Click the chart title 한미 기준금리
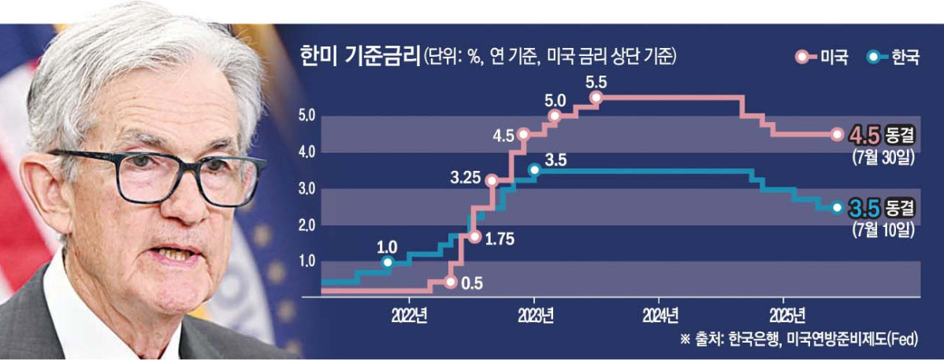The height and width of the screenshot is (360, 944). [359, 57]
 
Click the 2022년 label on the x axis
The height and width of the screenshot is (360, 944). [408, 317]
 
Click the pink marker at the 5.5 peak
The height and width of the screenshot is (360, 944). [596, 98]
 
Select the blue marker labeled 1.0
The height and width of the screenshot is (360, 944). [387, 262]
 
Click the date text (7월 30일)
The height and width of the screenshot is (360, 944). [883, 156]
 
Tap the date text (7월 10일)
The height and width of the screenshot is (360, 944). [883, 230]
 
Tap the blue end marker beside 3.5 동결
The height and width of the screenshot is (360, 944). [837, 208]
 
